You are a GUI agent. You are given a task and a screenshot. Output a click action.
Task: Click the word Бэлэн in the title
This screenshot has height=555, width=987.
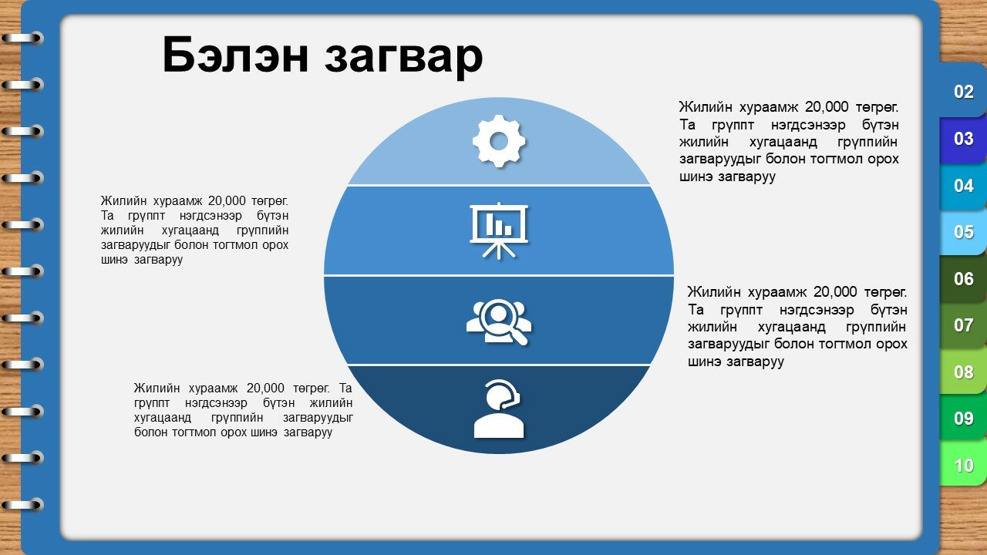235,55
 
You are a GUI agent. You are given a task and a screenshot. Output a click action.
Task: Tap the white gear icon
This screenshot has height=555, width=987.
499,141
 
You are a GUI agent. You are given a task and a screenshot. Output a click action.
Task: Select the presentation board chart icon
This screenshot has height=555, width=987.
499,230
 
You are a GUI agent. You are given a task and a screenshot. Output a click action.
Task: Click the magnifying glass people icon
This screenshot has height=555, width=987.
499,322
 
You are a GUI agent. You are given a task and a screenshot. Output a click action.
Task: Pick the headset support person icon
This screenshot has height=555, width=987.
499,409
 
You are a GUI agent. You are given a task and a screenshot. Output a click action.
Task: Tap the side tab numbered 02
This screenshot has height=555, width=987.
963,92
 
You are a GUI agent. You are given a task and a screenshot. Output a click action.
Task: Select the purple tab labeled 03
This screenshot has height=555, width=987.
963,139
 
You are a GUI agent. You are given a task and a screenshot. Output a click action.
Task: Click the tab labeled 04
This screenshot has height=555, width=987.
963,186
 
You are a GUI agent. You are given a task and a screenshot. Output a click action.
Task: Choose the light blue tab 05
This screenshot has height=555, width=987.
963,232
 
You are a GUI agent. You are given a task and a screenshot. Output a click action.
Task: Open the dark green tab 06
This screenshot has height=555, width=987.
963,279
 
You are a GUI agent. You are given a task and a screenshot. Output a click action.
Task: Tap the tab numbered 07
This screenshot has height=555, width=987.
963,325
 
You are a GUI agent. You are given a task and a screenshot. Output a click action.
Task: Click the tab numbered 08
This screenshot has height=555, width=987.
963,372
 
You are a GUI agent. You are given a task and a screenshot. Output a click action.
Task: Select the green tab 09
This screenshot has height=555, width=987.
963,419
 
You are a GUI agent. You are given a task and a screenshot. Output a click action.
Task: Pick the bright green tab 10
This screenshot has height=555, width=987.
963,466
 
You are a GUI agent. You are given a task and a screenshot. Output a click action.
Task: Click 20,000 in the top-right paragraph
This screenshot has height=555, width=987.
827,107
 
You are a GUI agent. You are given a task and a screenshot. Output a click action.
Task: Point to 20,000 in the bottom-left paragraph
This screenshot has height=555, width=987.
265,388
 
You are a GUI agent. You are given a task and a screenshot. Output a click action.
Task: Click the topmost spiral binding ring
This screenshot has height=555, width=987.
23,39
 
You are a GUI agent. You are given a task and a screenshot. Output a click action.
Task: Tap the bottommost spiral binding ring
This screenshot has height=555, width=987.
23,504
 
